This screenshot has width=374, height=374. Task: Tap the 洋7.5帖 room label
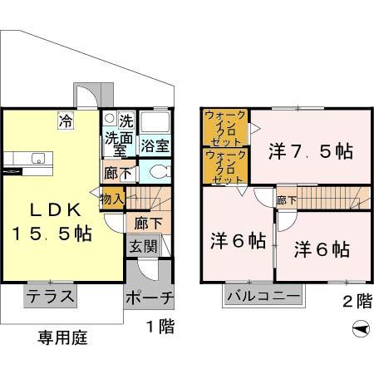click(x=311, y=152)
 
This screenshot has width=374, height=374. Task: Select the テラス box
click(x=51, y=295)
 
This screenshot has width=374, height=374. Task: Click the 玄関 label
click(x=140, y=247)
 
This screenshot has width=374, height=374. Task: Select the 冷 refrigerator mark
click(x=65, y=121)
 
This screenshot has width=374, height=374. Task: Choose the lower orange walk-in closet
click(x=224, y=166)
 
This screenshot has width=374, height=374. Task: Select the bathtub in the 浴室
click(x=153, y=125)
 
